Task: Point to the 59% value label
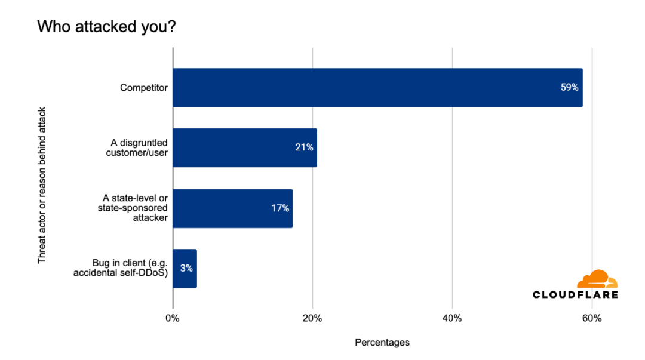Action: (x=569, y=88)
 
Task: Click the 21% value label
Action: (x=304, y=147)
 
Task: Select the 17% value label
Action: (x=279, y=208)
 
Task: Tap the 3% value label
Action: (x=187, y=269)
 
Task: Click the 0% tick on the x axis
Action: (x=173, y=318)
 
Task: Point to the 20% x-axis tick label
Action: (x=312, y=318)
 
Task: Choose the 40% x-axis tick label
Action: (x=452, y=318)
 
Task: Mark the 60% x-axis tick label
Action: (x=592, y=318)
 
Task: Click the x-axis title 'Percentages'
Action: (x=382, y=343)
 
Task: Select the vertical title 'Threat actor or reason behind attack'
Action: (x=42, y=185)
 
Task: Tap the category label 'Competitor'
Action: (x=144, y=88)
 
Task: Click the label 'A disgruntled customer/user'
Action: (x=139, y=147)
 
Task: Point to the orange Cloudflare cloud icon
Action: (x=597, y=279)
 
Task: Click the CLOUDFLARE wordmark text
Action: (x=575, y=294)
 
